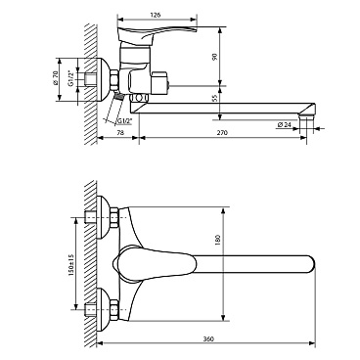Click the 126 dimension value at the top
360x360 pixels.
pyautogui.click(x=156, y=15)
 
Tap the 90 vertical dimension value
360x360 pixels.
pyautogui.click(x=214, y=57)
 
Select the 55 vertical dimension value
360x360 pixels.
pyautogui.click(x=214, y=98)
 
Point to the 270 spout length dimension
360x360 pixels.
pyautogui.click(x=223, y=133)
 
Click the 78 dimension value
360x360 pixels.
pyautogui.click(x=120, y=133)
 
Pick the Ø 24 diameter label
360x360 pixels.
pyautogui.click(x=284, y=124)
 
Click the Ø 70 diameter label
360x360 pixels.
pyautogui.click(x=55, y=78)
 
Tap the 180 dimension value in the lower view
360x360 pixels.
pyautogui.click(x=218, y=240)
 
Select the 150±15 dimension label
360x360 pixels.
pyautogui.click(x=71, y=264)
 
